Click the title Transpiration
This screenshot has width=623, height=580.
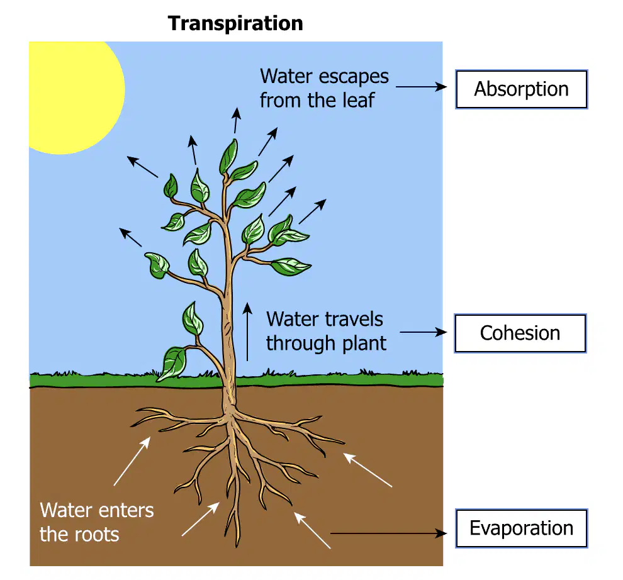235,23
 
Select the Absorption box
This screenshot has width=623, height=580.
521,89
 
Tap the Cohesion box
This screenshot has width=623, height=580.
520,333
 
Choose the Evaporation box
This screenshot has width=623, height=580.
521,528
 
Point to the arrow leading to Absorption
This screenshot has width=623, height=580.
421,87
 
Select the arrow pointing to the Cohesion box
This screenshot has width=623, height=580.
423,332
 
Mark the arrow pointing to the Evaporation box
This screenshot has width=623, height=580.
388,533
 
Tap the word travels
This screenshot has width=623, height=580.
354,319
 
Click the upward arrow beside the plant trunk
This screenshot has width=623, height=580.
247,332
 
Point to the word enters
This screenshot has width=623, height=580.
126,511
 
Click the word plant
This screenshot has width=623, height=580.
364,344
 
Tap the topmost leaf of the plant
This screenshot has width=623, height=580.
228,157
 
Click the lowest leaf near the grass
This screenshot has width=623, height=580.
172,363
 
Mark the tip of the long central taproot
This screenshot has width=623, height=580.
238,547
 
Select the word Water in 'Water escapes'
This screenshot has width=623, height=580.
286,76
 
